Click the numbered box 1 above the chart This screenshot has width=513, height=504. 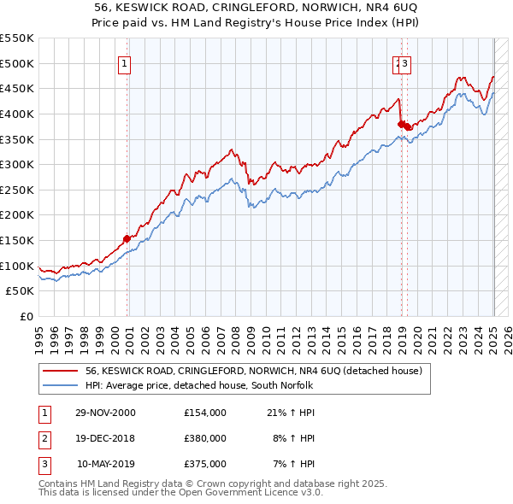click(125, 63)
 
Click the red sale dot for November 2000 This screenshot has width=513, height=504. click(127, 238)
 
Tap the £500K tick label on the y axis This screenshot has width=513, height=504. click(17, 63)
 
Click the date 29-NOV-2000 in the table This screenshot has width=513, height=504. click(105, 413)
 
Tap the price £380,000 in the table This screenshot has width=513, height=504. click(205, 438)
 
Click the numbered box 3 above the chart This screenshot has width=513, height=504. click(405, 63)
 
